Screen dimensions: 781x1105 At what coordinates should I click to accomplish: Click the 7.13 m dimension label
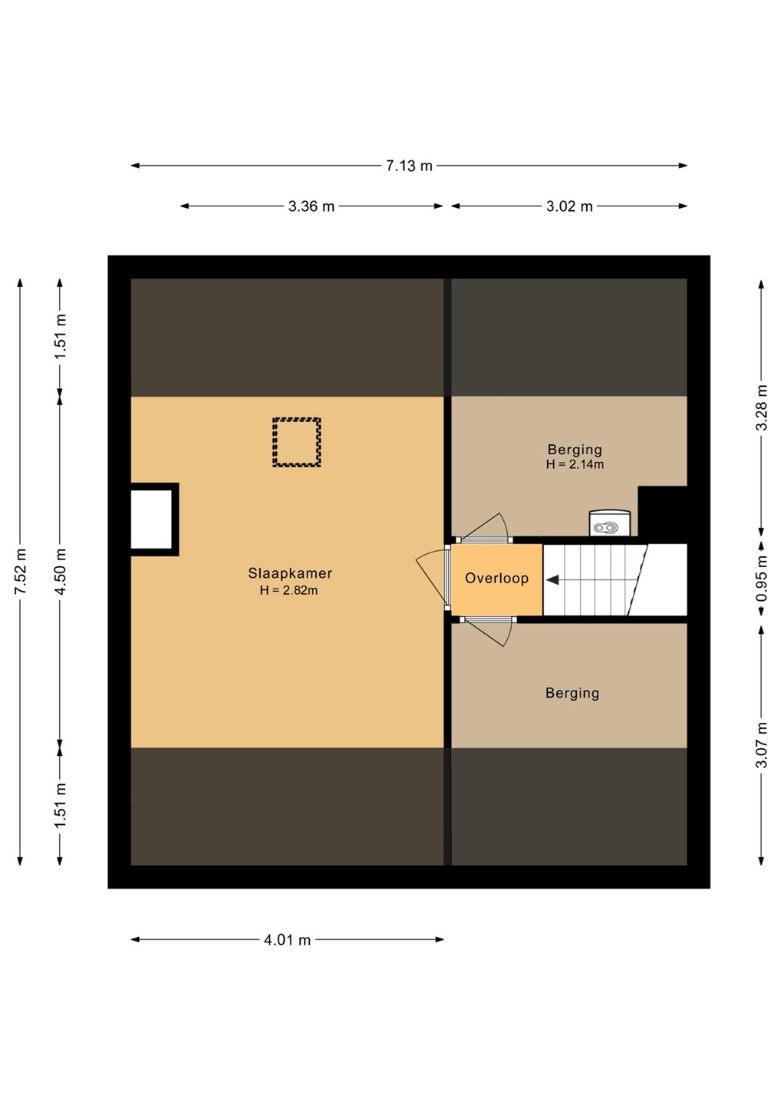[x=409, y=166]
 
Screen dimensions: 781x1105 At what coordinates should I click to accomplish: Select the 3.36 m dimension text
[x=311, y=206]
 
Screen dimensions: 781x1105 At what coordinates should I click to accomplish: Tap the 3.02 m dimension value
[x=569, y=206]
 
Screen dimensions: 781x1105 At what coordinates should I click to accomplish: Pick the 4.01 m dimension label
[x=287, y=940]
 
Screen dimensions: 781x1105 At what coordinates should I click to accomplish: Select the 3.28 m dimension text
[x=761, y=407]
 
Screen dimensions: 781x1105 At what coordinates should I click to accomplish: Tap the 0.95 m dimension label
[x=761, y=579]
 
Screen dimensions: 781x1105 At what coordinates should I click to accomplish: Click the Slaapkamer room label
[x=290, y=573]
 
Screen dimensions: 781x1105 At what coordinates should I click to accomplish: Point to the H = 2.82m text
[x=289, y=590]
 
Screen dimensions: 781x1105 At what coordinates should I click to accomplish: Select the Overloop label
[x=496, y=578]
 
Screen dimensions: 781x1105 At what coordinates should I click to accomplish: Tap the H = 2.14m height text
[x=575, y=464]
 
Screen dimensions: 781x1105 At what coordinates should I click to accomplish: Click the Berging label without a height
[x=572, y=694]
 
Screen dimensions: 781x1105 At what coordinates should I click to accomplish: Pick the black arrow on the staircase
[x=552, y=579]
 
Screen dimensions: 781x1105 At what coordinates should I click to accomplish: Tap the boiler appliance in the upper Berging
[x=610, y=523]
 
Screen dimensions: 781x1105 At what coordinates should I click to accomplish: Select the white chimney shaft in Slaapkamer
[x=151, y=519]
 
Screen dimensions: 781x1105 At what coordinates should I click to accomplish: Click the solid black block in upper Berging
[x=662, y=511]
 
